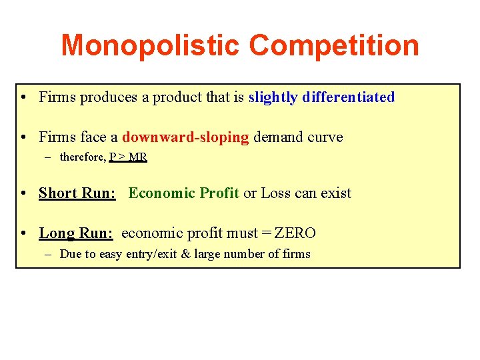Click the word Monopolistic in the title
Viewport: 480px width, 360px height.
151,45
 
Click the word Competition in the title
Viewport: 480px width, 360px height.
334,45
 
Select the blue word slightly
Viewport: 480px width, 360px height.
273,97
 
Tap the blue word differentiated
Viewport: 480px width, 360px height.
348,97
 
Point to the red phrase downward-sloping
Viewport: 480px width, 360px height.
185,137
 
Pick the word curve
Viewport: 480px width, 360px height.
325,137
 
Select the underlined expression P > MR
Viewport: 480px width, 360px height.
128,157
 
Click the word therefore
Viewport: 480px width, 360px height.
83,157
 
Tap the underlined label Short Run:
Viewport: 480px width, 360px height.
77,193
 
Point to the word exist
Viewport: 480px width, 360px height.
336,193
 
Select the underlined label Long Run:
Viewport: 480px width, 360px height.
76,233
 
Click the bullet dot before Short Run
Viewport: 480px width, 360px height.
23,193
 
